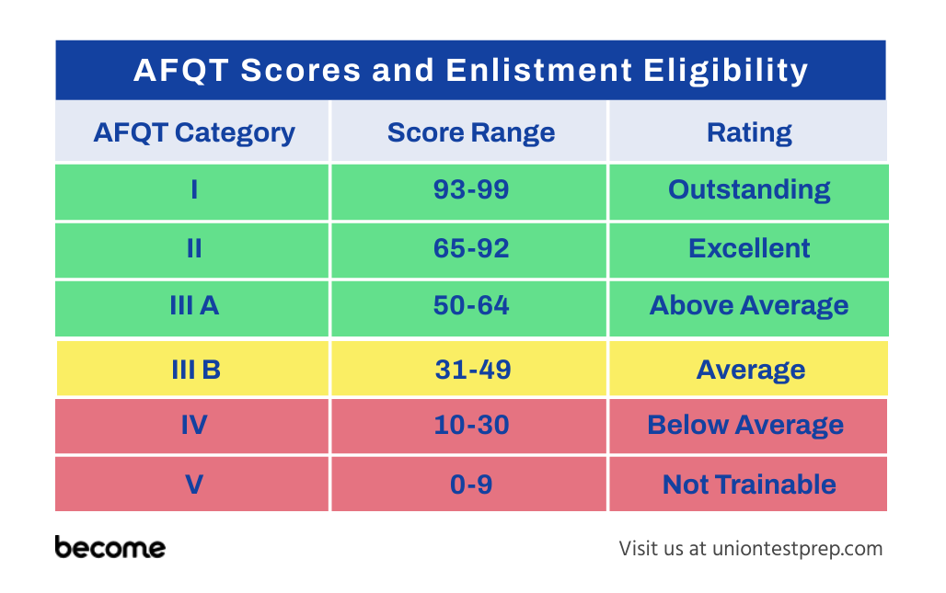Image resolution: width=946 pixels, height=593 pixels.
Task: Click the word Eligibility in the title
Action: point(725,71)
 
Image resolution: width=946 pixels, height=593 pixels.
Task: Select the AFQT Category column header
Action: point(192,131)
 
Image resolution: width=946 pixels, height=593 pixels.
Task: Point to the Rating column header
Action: point(748,131)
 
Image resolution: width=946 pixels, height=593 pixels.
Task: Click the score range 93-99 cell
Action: point(469,191)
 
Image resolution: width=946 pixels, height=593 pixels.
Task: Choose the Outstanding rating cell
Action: point(749,191)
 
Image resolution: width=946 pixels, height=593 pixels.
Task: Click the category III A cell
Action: point(192,308)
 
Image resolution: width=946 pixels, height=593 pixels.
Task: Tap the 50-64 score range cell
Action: point(469,308)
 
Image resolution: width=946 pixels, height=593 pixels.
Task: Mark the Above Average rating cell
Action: point(749,308)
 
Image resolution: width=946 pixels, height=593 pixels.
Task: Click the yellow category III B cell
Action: point(193,369)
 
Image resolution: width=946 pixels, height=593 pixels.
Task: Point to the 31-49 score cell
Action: point(469,369)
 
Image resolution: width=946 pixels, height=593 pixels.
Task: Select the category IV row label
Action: point(192,426)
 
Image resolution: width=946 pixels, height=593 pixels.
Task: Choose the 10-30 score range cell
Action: point(469,426)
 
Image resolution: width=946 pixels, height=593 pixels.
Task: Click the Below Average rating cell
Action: point(748,426)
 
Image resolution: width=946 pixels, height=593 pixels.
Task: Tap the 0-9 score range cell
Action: point(469,484)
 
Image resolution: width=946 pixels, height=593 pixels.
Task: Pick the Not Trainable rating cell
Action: point(748,484)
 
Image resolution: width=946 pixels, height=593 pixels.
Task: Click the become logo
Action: point(110,547)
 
